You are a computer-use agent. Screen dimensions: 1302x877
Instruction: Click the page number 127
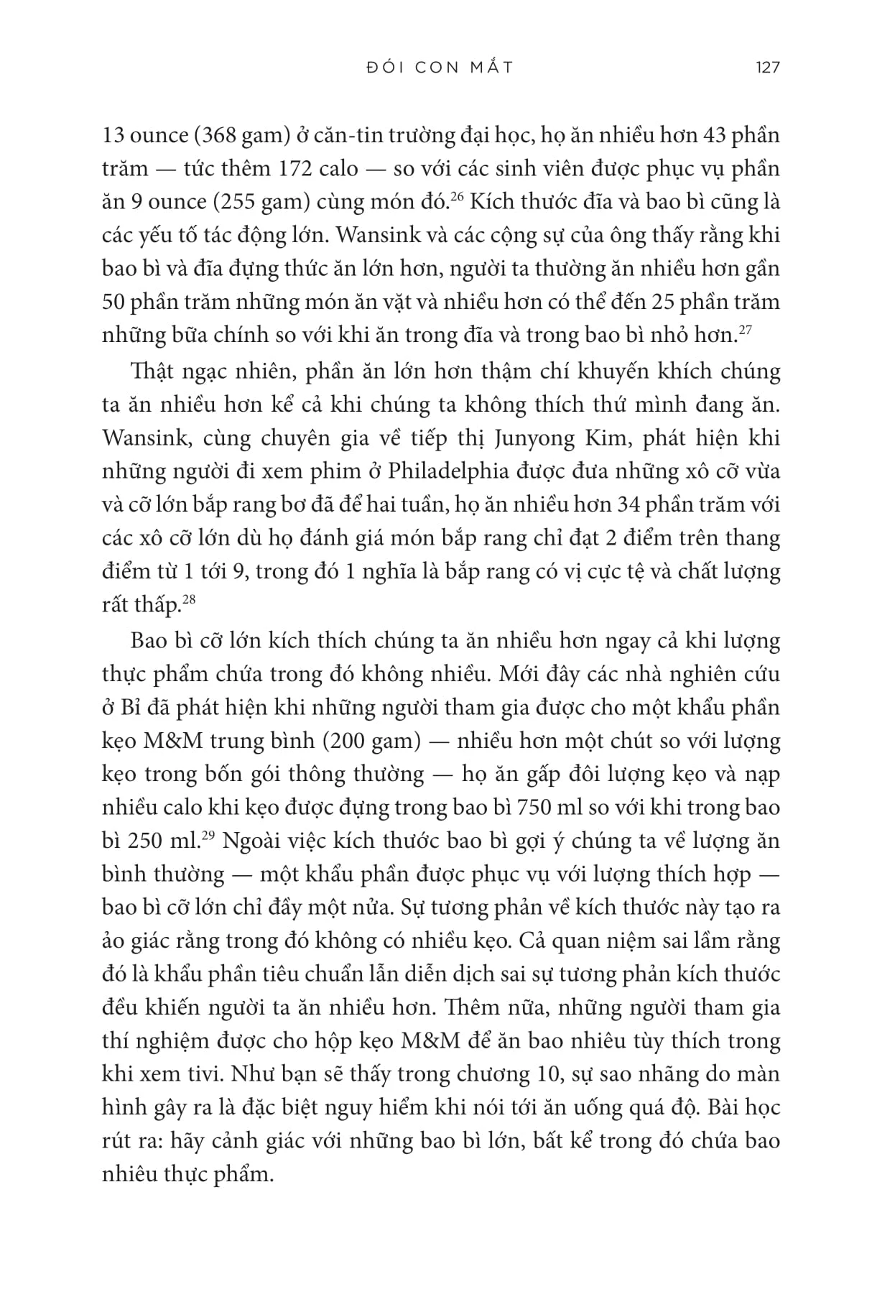(767, 68)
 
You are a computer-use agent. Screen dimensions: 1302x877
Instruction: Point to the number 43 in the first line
(701, 135)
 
